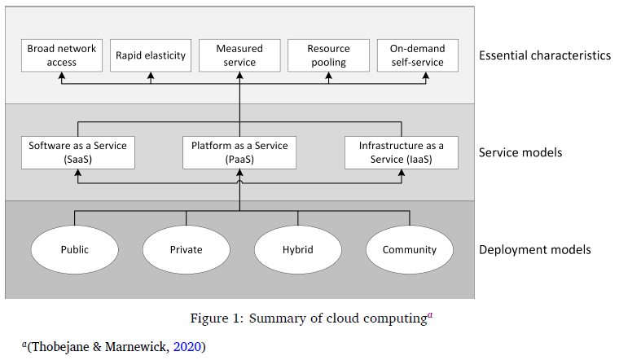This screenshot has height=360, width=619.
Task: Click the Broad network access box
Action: (x=62, y=55)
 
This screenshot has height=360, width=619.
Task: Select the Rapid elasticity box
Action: (x=151, y=55)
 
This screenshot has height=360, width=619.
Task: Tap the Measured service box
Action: (x=239, y=55)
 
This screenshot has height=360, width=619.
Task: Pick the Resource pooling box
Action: (x=328, y=55)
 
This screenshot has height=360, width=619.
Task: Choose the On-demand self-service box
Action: (x=417, y=55)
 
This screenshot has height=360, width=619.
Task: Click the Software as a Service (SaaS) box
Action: (x=78, y=152)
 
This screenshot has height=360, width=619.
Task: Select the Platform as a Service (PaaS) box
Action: (x=239, y=152)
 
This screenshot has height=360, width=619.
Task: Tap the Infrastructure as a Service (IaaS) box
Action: (x=402, y=152)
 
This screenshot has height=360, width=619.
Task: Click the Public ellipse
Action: (x=75, y=250)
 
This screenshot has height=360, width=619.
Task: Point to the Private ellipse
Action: (x=186, y=250)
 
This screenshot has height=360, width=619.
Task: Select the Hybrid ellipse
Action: (x=297, y=250)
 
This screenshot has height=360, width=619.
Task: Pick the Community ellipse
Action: (x=409, y=250)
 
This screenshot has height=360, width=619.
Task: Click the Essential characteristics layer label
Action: (x=545, y=56)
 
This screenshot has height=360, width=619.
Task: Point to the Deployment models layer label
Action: (x=534, y=250)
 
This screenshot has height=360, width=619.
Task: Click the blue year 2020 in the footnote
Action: (x=188, y=347)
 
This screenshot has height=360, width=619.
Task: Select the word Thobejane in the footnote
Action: (x=58, y=347)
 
